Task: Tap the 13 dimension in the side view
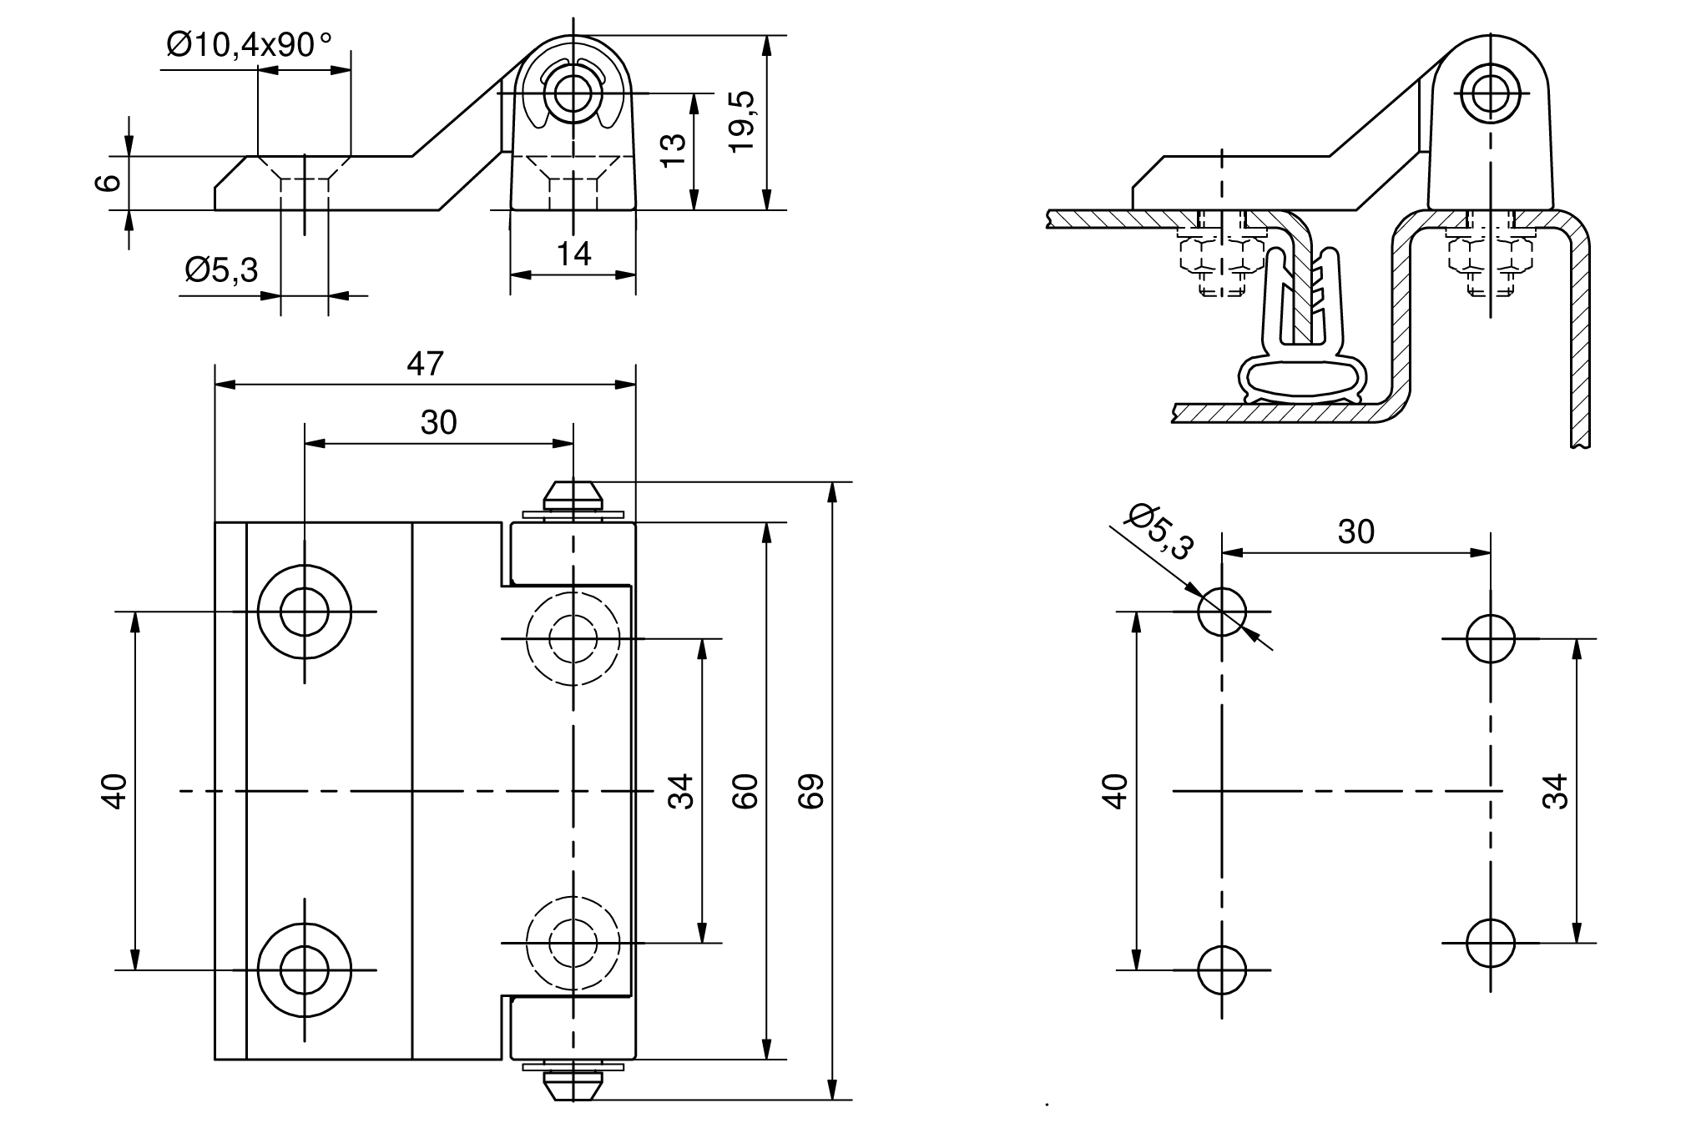[673, 151]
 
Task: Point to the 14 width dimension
[573, 254]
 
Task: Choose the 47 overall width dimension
[425, 365]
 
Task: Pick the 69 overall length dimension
[810, 790]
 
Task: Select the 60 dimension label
[745, 790]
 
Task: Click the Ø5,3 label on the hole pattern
[1161, 531]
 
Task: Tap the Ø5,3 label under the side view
[222, 270]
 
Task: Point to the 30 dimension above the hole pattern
[1355, 531]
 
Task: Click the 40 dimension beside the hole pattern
[1117, 790]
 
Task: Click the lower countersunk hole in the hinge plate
[305, 970]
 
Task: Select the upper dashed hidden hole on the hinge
[573, 639]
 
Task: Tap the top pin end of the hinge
[573, 496]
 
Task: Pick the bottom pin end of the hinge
[573, 1086]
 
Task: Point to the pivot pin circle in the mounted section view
[1490, 93]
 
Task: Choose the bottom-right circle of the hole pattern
[1491, 943]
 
